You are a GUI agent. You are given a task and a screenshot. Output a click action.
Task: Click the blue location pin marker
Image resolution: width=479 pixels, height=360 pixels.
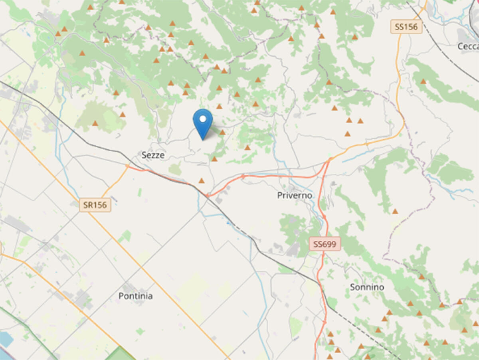[x=203, y=122]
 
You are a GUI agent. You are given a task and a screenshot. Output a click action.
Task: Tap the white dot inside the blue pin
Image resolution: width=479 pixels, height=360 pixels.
[x=203, y=119]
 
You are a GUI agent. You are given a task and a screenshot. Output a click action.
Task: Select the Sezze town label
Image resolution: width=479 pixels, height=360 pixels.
[x=153, y=156]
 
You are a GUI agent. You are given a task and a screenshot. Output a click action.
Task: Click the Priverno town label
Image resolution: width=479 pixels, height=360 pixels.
[x=295, y=196]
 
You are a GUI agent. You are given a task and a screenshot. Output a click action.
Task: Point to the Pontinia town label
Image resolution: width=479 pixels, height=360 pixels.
[x=136, y=296]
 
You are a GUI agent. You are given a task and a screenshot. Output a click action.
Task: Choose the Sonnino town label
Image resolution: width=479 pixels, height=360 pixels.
[x=367, y=287]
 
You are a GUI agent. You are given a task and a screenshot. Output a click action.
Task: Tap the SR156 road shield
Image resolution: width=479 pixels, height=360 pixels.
[x=95, y=205]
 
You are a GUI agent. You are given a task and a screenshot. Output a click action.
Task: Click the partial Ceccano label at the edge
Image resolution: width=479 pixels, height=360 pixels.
[x=468, y=46]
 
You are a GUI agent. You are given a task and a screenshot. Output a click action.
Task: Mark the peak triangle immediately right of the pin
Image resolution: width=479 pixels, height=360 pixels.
[x=222, y=133]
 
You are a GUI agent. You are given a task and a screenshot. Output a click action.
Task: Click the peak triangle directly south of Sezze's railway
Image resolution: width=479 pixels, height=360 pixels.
[x=202, y=181]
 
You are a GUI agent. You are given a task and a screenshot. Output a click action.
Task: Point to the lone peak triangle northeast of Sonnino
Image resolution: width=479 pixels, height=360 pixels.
[x=395, y=211]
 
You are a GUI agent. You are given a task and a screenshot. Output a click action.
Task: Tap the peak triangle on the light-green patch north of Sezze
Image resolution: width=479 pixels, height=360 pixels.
[x=95, y=123]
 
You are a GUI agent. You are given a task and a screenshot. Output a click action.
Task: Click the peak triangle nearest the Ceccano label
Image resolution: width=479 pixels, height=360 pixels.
[x=423, y=81]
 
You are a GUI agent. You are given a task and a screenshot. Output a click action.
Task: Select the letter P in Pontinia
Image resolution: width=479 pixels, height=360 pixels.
[x=121, y=296]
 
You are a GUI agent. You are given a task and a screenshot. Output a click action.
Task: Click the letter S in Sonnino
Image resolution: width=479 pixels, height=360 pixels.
[x=352, y=287]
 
